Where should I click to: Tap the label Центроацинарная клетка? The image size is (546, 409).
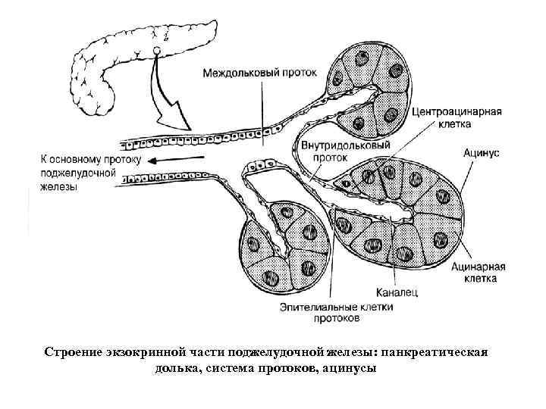click(457, 117)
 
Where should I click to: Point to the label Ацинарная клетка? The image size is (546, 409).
click(475, 273)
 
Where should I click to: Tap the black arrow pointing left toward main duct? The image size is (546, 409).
click(178, 159)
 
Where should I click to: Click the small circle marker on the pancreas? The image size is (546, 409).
click(156, 52)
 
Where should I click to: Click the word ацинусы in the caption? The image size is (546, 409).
click(348, 369)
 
